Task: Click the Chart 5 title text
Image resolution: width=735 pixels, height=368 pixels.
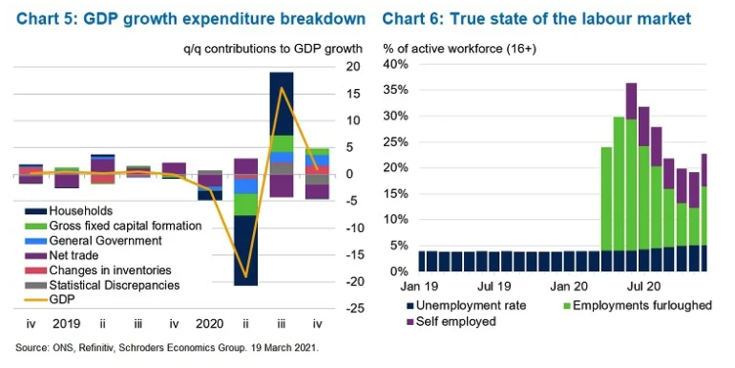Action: [x=190, y=19]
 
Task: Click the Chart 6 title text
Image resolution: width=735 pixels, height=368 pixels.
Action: [x=536, y=19]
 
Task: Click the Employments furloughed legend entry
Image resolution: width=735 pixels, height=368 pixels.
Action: [x=636, y=306]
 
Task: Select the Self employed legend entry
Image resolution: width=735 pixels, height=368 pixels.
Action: [x=450, y=321]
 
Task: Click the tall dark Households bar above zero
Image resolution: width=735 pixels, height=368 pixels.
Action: [x=282, y=104]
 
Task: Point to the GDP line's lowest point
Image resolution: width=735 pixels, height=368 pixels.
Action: [x=245, y=276]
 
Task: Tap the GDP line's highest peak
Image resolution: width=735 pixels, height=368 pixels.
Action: [x=282, y=88]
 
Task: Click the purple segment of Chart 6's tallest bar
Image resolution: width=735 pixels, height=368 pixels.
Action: [x=631, y=101]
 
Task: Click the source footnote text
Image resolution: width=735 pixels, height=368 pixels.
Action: [x=168, y=348]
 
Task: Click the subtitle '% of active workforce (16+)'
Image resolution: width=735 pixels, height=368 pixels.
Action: [x=459, y=49]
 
